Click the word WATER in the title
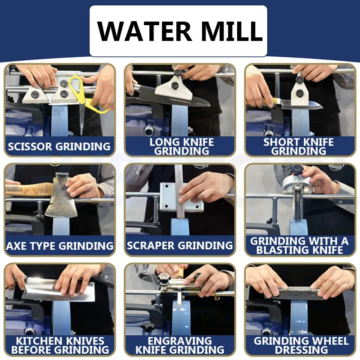coord(144,31)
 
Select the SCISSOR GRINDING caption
coord(59,147)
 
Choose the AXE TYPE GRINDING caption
coord(60,246)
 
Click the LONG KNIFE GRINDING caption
coord(182,147)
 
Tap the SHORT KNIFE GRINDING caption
coord(298,147)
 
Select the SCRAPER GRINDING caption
coord(180,245)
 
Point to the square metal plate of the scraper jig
coord(181,197)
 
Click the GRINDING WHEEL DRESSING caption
coord(301,345)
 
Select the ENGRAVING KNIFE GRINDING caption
coord(180,345)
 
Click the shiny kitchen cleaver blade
coord(58,289)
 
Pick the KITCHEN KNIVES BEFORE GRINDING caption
coord(60,345)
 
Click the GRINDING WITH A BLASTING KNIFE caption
coord(299,246)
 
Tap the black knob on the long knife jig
coord(175,85)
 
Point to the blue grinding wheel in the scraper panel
coord(180,227)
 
